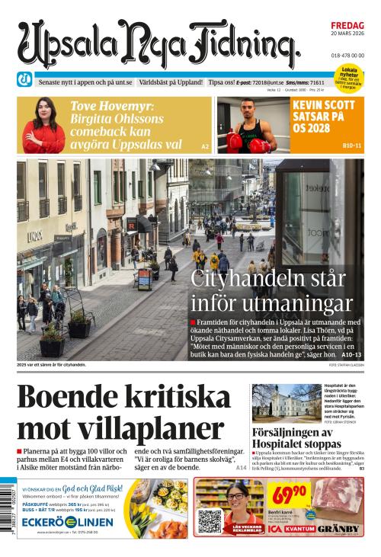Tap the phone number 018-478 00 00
pyautogui.click(x=347, y=56)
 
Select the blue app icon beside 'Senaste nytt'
pyautogui.click(x=24, y=78)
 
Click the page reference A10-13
pyautogui.click(x=351, y=354)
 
